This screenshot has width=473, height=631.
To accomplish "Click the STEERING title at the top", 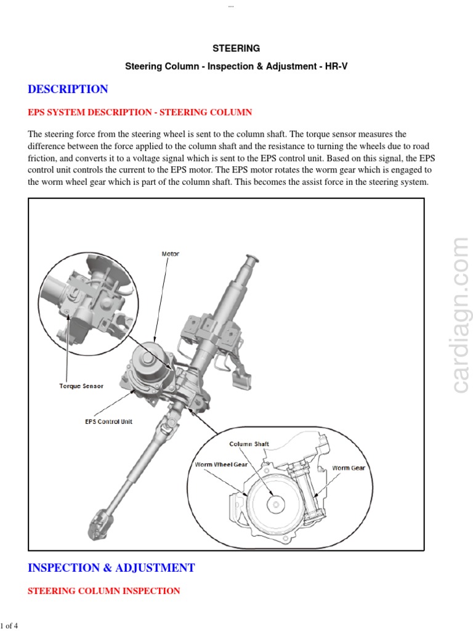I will point(236,48).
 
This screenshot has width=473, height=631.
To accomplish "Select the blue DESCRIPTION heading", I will point(68,89).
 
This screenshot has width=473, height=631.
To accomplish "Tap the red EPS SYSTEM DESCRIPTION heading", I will point(140,112).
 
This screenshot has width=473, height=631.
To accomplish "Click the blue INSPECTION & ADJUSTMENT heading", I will point(111,568).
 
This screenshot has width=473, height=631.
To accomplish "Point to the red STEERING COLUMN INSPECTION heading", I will point(104,590).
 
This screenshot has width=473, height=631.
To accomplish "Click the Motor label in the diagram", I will point(170,254).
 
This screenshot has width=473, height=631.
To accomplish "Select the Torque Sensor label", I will point(81,386).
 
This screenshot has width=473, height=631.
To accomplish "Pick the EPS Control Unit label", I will point(108,421).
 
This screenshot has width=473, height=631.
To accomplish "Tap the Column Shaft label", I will point(249,444).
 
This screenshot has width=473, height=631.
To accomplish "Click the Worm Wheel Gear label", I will point(221,464).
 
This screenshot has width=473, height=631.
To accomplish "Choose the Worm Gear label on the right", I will point(349,468).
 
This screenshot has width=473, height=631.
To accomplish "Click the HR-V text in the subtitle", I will point(336,65).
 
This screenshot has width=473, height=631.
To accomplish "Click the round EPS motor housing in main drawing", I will point(151,360).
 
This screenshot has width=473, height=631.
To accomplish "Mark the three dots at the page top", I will point(231,6).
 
